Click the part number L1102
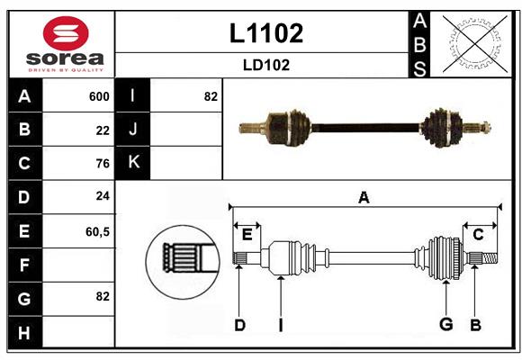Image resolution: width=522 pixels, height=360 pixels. (x=266, y=33)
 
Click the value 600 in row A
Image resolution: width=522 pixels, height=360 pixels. (x=99, y=96)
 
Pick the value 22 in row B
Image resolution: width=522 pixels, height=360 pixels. (x=103, y=130)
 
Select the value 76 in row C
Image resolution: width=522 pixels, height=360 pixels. (x=103, y=164)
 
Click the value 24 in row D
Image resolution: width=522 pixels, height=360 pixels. (x=103, y=196)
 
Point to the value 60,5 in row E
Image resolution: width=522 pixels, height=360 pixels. (x=97, y=231)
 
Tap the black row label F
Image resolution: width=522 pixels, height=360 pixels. (x=24, y=265)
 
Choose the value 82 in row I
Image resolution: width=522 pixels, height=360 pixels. (x=211, y=96)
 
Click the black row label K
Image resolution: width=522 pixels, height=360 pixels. (x=133, y=163)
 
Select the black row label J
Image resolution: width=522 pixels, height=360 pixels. (x=133, y=130)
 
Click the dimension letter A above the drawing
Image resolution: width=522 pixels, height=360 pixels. (x=364, y=198)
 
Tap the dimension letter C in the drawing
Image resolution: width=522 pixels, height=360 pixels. (x=478, y=234)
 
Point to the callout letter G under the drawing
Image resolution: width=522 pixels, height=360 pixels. (x=445, y=325)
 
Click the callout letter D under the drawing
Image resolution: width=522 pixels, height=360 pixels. (x=239, y=325)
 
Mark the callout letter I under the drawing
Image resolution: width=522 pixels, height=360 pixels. (x=280, y=325)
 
